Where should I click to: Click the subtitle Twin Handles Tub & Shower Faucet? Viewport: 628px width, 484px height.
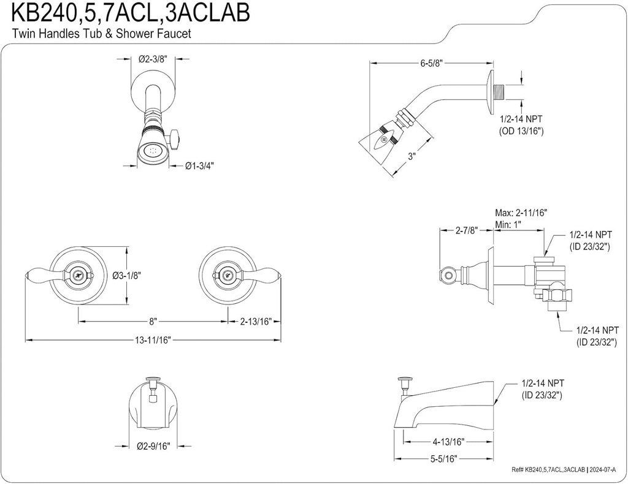pyautogui.click(x=102, y=34)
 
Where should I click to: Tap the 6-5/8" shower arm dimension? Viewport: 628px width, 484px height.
pyautogui.click(x=431, y=63)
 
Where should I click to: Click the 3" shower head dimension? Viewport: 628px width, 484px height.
pyautogui.click(x=413, y=156)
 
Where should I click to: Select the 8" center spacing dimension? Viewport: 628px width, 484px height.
pyautogui.click(x=153, y=321)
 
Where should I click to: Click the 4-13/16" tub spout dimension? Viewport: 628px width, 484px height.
pyautogui.click(x=448, y=441)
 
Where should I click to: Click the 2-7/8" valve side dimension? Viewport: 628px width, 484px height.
pyautogui.click(x=467, y=230)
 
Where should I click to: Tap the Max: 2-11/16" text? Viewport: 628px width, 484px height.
pyautogui.click(x=521, y=213)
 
